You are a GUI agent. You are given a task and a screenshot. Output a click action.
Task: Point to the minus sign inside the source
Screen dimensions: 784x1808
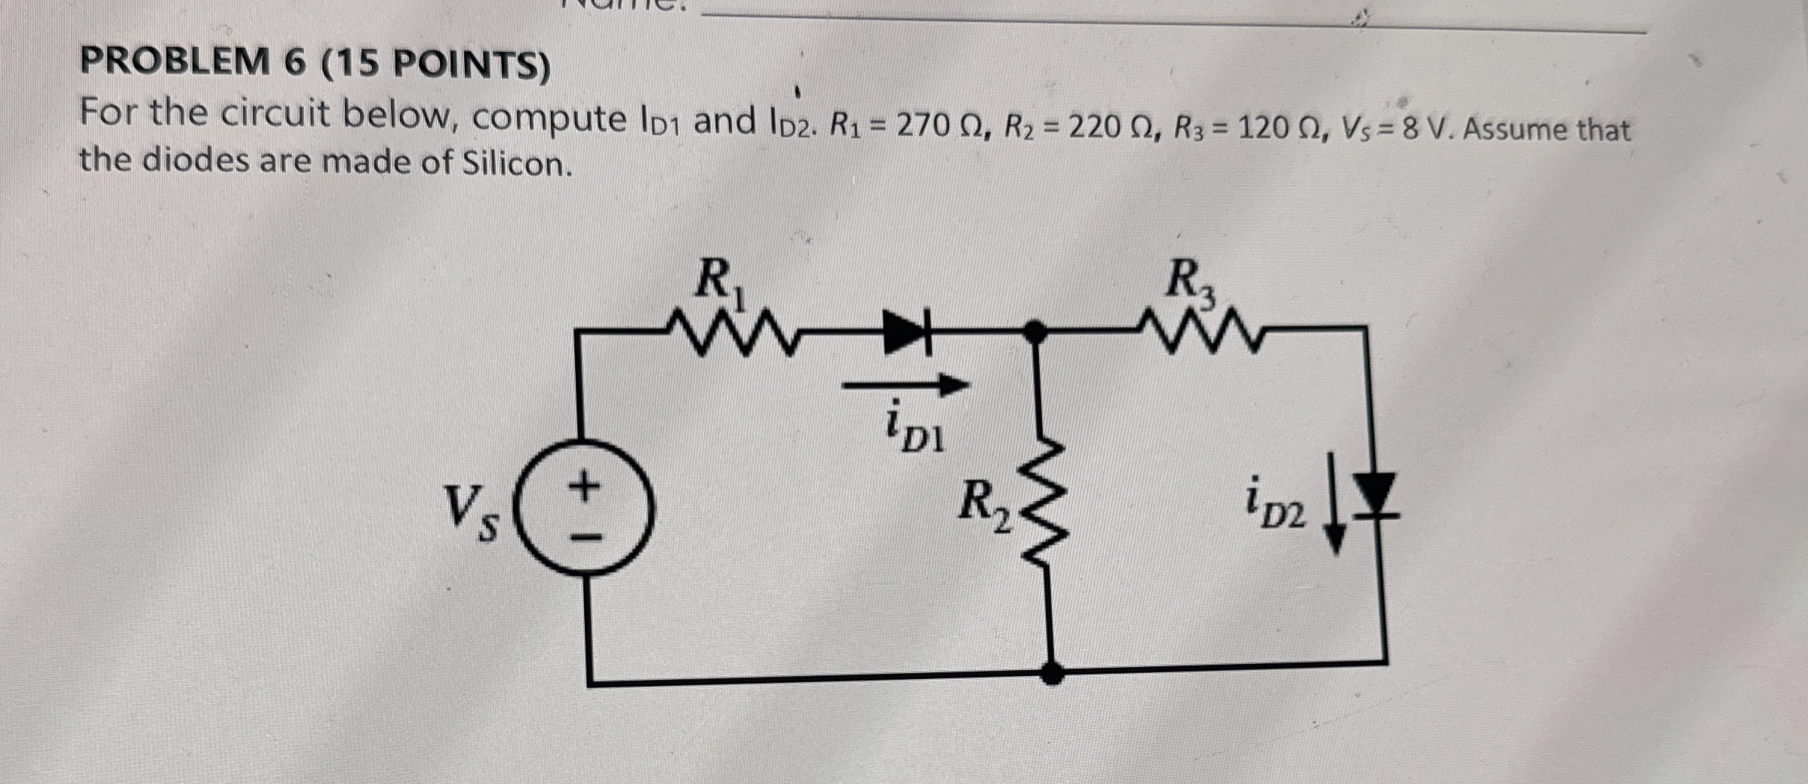(586, 537)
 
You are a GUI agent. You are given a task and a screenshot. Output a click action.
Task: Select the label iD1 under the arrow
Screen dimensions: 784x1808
(914, 430)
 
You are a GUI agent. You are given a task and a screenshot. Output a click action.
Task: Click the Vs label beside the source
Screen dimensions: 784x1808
(470, 513)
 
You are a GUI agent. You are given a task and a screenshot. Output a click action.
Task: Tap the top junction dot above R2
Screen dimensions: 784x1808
(1035, 331)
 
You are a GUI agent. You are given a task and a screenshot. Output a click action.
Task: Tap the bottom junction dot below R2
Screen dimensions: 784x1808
(1052, 672)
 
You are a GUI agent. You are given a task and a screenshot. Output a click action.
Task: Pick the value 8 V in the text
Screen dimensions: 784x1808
(1419, 130)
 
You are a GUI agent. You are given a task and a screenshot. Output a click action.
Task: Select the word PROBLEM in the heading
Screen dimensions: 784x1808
(174, 63)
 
